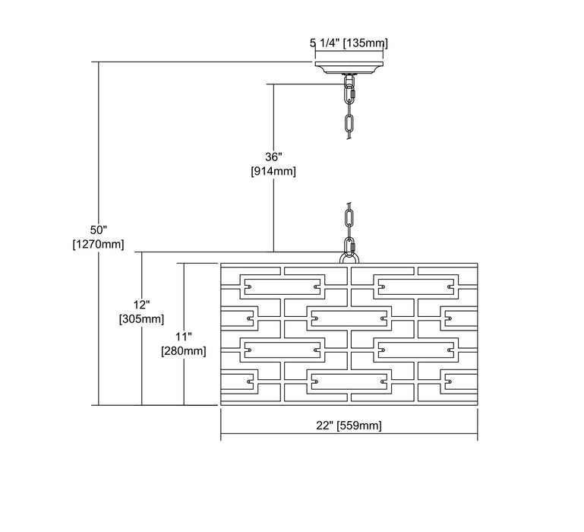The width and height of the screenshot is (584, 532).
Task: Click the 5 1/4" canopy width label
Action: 325,43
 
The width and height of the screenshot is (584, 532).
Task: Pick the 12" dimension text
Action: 141,305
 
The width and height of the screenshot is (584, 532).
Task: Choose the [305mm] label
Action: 141,319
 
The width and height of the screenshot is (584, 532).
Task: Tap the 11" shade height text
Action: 184,336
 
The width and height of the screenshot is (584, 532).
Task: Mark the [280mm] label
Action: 184,350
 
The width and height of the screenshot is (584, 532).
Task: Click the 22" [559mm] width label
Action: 349,426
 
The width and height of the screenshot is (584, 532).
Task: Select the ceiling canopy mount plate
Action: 349,68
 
